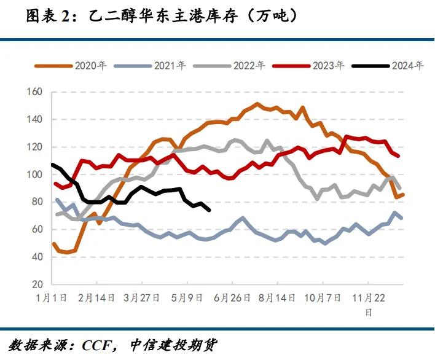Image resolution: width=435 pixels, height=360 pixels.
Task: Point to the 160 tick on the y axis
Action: tap(34, 92)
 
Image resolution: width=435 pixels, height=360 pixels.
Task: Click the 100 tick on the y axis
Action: tap(34, 174)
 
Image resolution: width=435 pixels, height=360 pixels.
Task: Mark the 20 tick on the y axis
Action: tap(37, 284)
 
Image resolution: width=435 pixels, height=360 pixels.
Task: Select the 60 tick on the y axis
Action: tap(37, 229)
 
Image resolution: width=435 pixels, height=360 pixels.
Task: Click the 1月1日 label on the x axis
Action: tap(52, 298)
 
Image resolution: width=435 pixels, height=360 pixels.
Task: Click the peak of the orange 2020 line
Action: tap(257, 104)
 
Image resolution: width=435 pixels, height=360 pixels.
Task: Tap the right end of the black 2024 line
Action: tap(210, 210)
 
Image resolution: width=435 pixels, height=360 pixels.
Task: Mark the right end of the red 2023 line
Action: tap(399, 156)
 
